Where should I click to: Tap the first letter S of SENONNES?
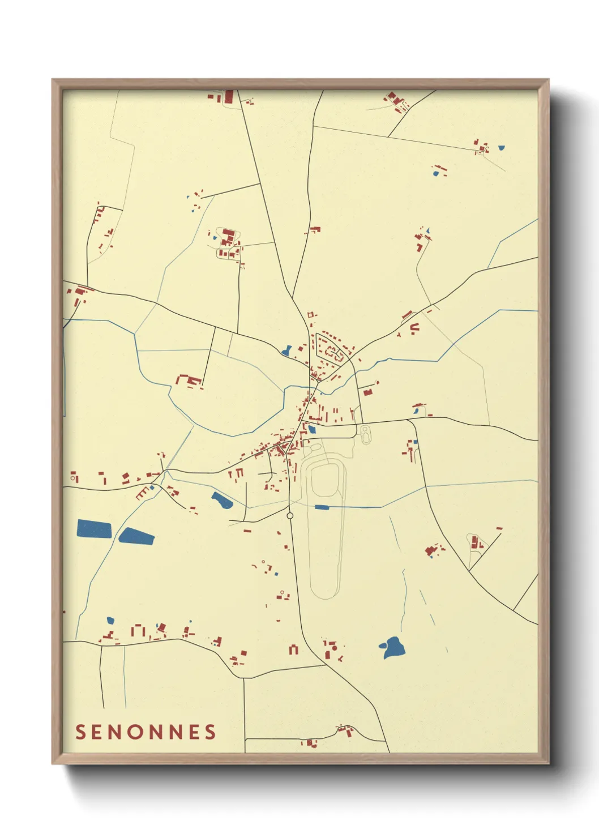(80, 732)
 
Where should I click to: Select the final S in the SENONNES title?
(211, 732)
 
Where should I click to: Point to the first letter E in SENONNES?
(100, 732)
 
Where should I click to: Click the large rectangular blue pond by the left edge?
(94, 529)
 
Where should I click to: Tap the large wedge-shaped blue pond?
(136, 536)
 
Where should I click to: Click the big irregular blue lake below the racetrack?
(392, 647)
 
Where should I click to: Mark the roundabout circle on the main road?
(290, 516)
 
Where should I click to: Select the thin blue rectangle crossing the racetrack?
(322, 507)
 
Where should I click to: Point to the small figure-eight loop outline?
(366, 434)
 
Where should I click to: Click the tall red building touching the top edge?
(229, 96)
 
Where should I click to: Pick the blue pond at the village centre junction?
(311, 429)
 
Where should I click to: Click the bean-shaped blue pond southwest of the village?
(221, 500)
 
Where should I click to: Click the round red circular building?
(334, 648)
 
